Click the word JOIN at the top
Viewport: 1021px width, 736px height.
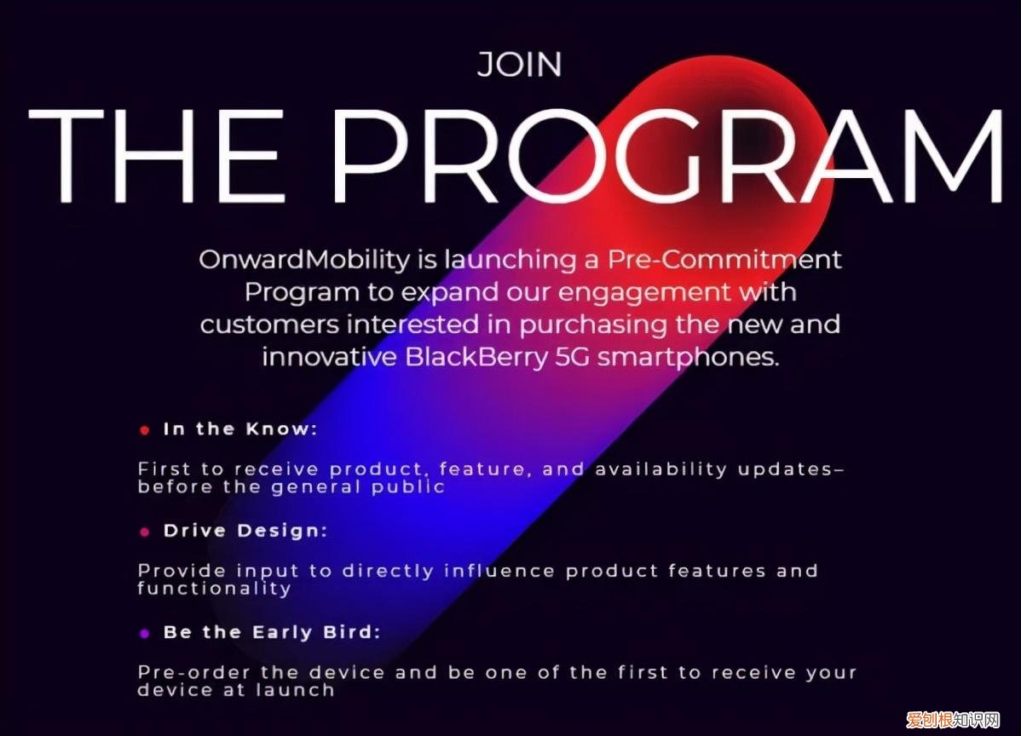(x=519, y=65)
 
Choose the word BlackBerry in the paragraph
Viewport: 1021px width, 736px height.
(x=475, y=356)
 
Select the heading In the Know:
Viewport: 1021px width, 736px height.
(x=239, y=429)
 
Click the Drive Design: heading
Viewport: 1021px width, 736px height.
(x=245, y=531)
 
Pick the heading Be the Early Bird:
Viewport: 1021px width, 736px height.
(x=271, y=632)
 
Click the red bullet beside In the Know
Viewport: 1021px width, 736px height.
(x=145, y=431)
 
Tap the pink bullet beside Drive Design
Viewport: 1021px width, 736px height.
(x=145, y=532)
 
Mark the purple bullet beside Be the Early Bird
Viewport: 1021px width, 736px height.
(x=145, y=634)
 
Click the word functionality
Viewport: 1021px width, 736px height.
(x=214, y=588)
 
